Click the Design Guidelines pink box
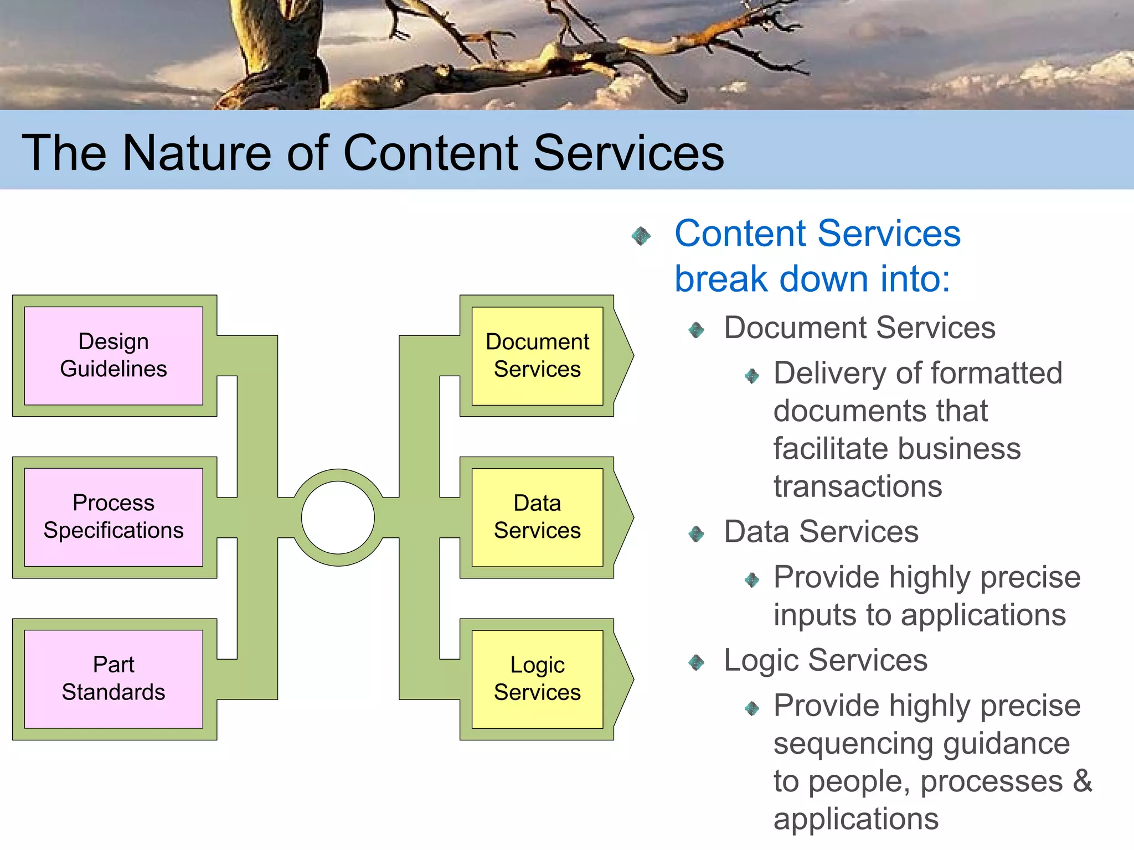tap(114, 355)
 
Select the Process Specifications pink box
tap(114, 517)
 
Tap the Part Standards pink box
tap(114, 678)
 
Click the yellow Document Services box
tap(537, 355)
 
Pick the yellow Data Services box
tap(537, 517)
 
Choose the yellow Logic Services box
tap(537, 678)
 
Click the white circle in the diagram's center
tap(338, 517)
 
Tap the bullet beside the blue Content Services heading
tap(641, 236)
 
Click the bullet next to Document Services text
tap(696, 330)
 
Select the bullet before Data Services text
tap(696, 534)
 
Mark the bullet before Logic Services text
tap(696, 662)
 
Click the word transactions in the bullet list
tap(857, 487)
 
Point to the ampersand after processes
tap(1082, 781)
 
